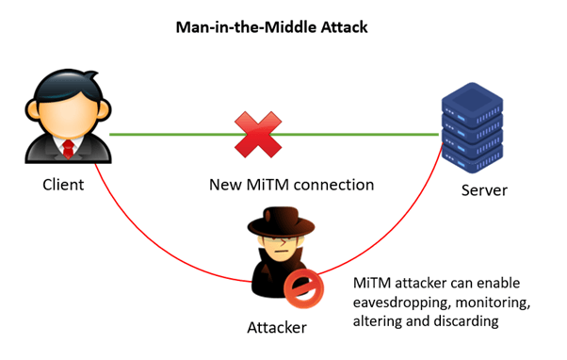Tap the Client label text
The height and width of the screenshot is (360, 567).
(x=63, y=185)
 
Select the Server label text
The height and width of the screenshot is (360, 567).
(x=484, y=190)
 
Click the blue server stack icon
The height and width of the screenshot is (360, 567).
(x=470, y=126)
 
